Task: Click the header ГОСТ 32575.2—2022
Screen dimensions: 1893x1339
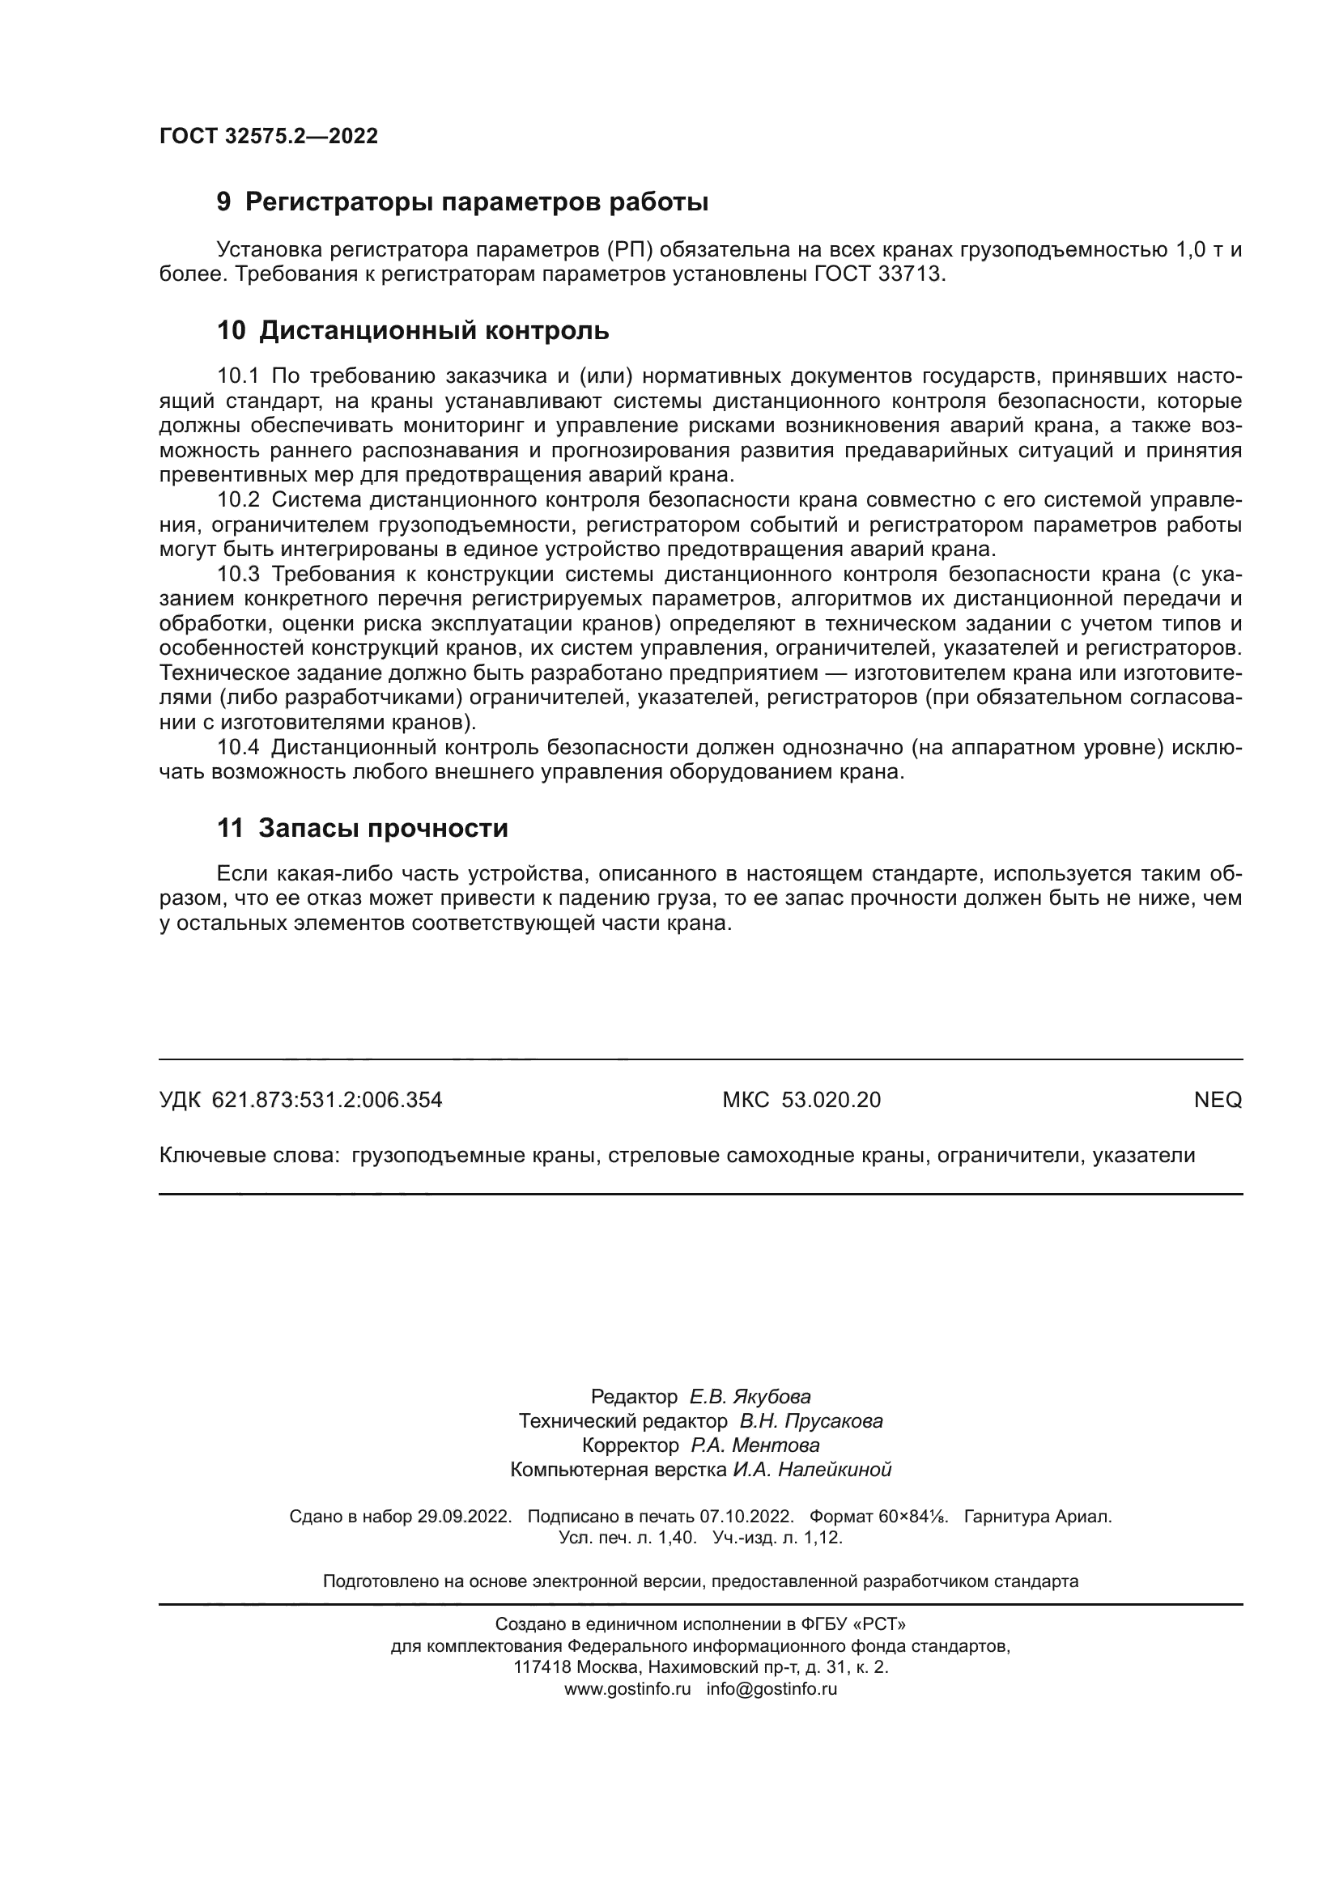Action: (268, 136)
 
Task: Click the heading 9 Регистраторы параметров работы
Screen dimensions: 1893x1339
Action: (461, 202)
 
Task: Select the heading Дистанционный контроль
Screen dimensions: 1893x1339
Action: (434, 331)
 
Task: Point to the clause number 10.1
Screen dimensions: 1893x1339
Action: (237, 376)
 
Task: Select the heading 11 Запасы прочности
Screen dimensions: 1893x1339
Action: (362, 828)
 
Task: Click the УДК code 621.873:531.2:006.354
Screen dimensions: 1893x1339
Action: (326, 1100)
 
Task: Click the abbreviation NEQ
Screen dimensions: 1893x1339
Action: (1217, 1100)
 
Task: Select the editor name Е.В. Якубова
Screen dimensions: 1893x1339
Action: (750, 1397)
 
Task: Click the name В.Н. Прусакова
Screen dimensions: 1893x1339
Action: (810, 1420)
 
